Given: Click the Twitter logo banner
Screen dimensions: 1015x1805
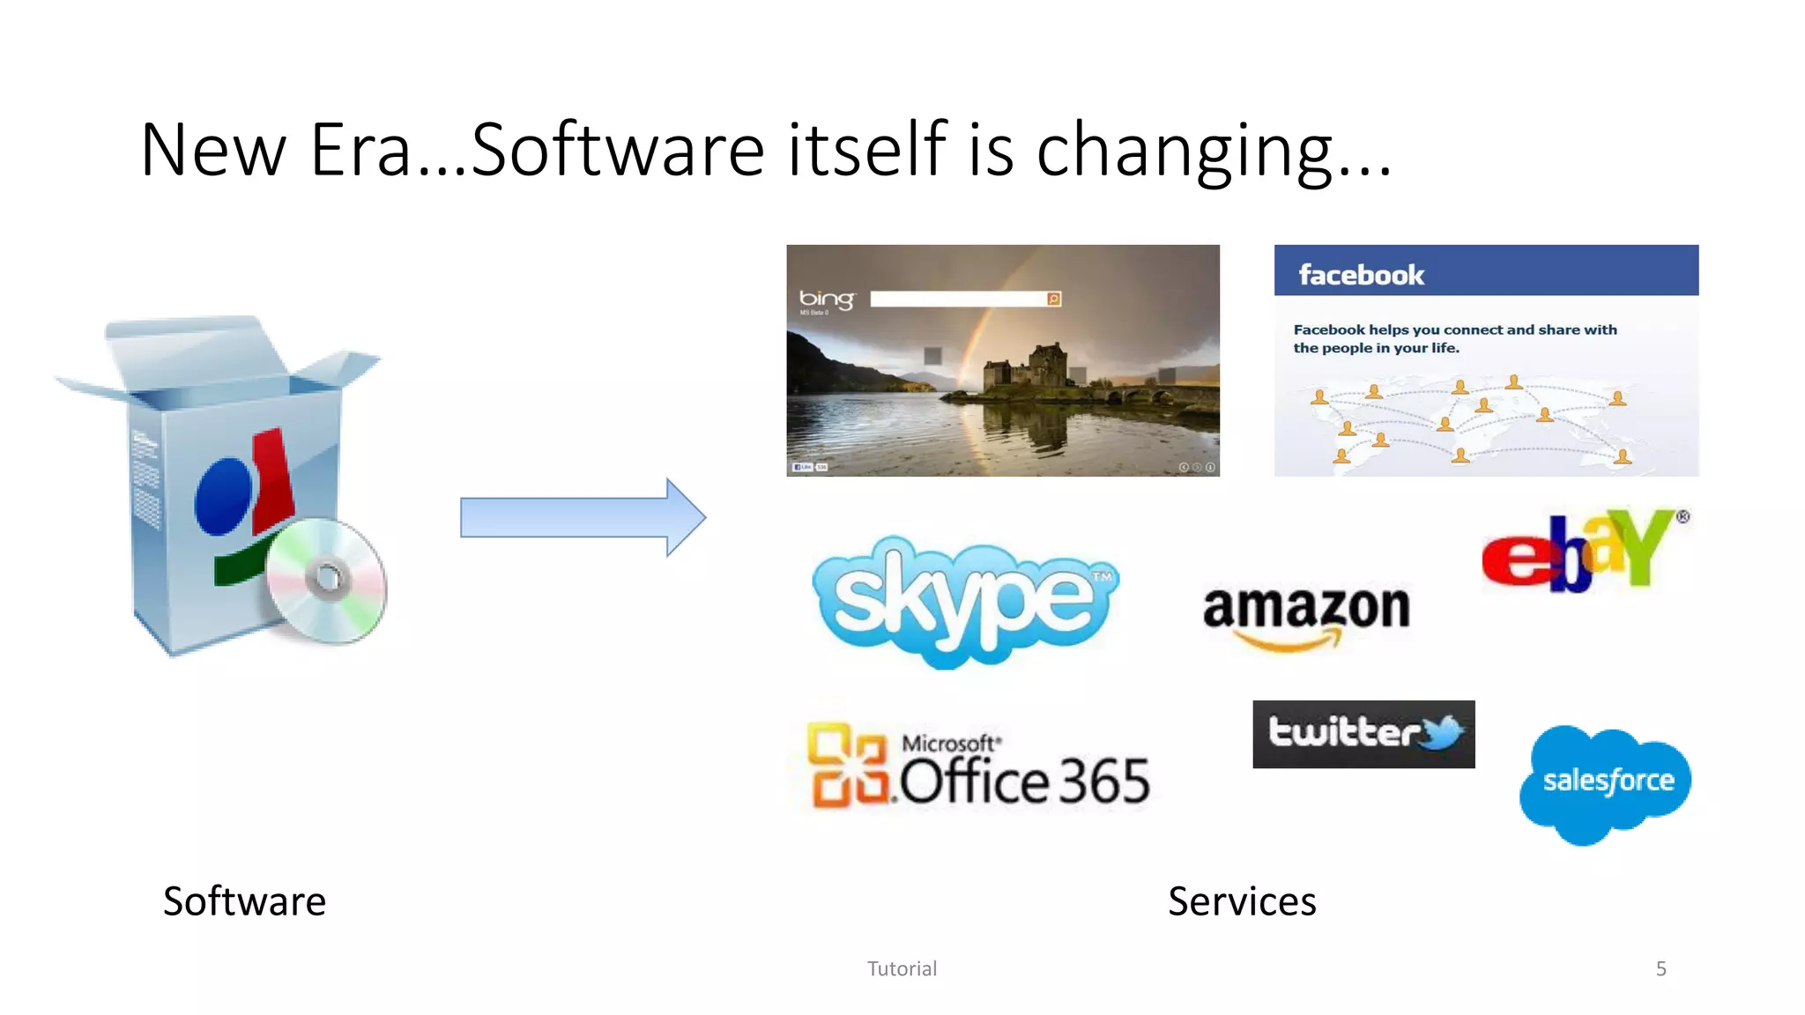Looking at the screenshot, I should pyautogui.click(x=1363, y=734).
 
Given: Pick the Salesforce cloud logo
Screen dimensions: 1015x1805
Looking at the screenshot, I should pyautogui.click(x=1606, y=782).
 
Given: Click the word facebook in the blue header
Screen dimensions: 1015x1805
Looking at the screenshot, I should pyautogui.click(x=1361, y=275).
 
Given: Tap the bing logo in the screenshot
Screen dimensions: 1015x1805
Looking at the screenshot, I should pyautogui.click(x=826, y=300).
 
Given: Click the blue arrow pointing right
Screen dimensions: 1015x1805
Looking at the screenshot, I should pyautogui.click(x=583, y=517).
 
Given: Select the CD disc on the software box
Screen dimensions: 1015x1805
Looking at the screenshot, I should pyautogui.click(x=327, y=579).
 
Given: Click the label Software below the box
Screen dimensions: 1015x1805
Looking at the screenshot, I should pyautogui.click(x=244, y=901).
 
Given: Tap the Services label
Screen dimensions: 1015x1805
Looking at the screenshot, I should pyautogui.click(x=1241, y=901).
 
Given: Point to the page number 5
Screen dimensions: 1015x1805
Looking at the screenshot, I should pyautogui.click(x=1660, y=969).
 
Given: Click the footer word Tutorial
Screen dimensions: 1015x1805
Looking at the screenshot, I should pyautogui.click(x=902, y=969).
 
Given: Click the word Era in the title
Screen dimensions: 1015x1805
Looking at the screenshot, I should pyautogui.click(x=360, y=150).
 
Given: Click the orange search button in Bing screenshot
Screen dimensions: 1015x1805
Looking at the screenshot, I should pyautogui.click(x=1053, y=300).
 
